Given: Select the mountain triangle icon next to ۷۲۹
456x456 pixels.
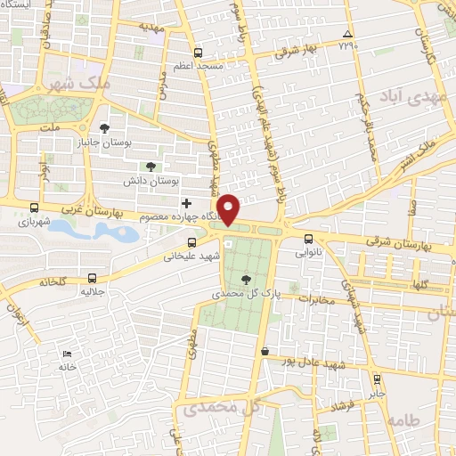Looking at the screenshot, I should [x=347, y=35].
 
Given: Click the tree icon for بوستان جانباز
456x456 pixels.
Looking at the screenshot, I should [x=104, y=128].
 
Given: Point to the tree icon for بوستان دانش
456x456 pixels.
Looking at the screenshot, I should [x=151, y=166].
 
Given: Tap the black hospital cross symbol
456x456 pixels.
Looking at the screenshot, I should [x=185, y=204].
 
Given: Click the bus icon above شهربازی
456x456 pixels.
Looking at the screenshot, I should [x=34, y=208].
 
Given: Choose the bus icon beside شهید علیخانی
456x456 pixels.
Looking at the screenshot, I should [x=191, y=242].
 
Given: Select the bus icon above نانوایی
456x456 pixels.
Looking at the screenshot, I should [x=309, y=238].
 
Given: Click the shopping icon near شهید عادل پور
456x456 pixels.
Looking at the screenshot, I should [x=265, y=351].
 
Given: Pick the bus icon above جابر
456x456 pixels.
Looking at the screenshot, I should [x=377, y=379].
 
